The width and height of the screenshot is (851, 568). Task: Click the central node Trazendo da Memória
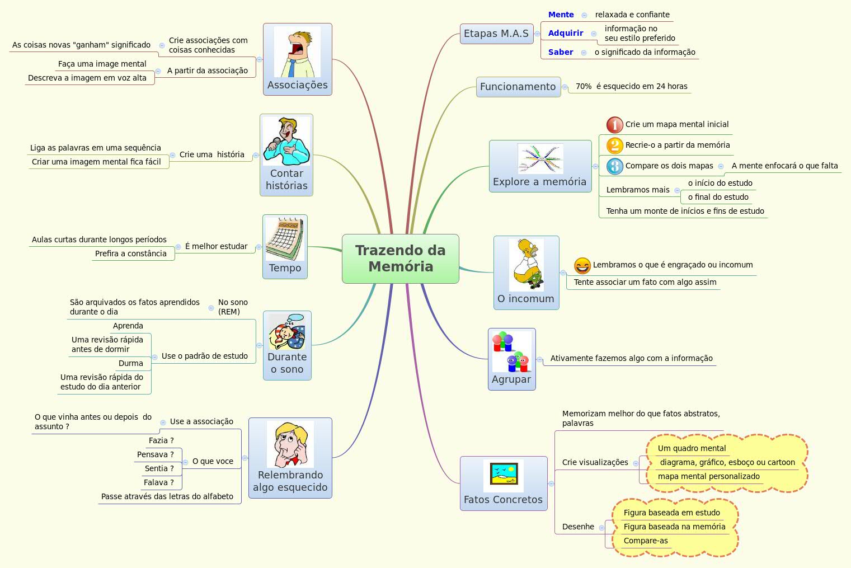click(400, 259)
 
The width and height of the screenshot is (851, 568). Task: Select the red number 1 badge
click(614, 125)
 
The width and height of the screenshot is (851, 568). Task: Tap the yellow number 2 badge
click(614, 145)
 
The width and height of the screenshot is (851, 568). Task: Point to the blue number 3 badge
click(614, 166)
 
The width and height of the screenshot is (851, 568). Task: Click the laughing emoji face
click(582, 265)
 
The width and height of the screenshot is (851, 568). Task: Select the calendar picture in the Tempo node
click(285, 239)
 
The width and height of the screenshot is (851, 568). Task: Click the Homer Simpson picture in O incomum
click(526, 265)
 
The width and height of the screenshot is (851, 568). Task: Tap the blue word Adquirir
click(565, 33)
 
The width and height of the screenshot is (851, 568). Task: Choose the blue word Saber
click(560, 52)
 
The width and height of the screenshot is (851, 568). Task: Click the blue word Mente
click(561, 15)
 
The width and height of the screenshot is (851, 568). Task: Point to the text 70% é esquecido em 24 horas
click(631, 86)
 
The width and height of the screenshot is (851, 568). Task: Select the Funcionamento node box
click(518, 87)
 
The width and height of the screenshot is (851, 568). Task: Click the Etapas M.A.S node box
click(496, 34)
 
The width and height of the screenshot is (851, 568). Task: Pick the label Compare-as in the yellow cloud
click(645, 541)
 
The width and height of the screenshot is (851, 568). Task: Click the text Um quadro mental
click(692, 448)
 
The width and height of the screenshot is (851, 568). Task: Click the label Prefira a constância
click(130, 254)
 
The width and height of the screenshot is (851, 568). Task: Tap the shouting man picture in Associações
click(297, 54)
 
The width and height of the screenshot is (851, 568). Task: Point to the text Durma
click(130, 363)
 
